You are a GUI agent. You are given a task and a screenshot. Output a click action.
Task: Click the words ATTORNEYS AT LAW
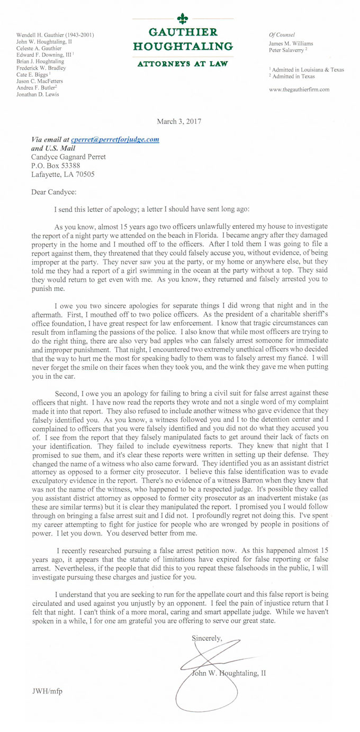pyautogui.click(x=182, y=64)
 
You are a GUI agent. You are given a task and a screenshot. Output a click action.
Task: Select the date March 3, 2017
pyautogui.click(x=179, y=121)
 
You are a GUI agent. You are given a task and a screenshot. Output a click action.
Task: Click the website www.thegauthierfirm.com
pyautogui.click(x=299, y=90)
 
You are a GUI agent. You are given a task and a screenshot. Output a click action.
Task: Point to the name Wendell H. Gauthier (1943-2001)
pyautogui.click(x=55, y=35)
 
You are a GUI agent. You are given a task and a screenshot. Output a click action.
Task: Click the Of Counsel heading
pyautogui.click(x=282, y=34)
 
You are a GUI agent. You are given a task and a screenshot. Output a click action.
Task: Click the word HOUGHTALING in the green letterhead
pyautogui.click(x=182, y=46)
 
